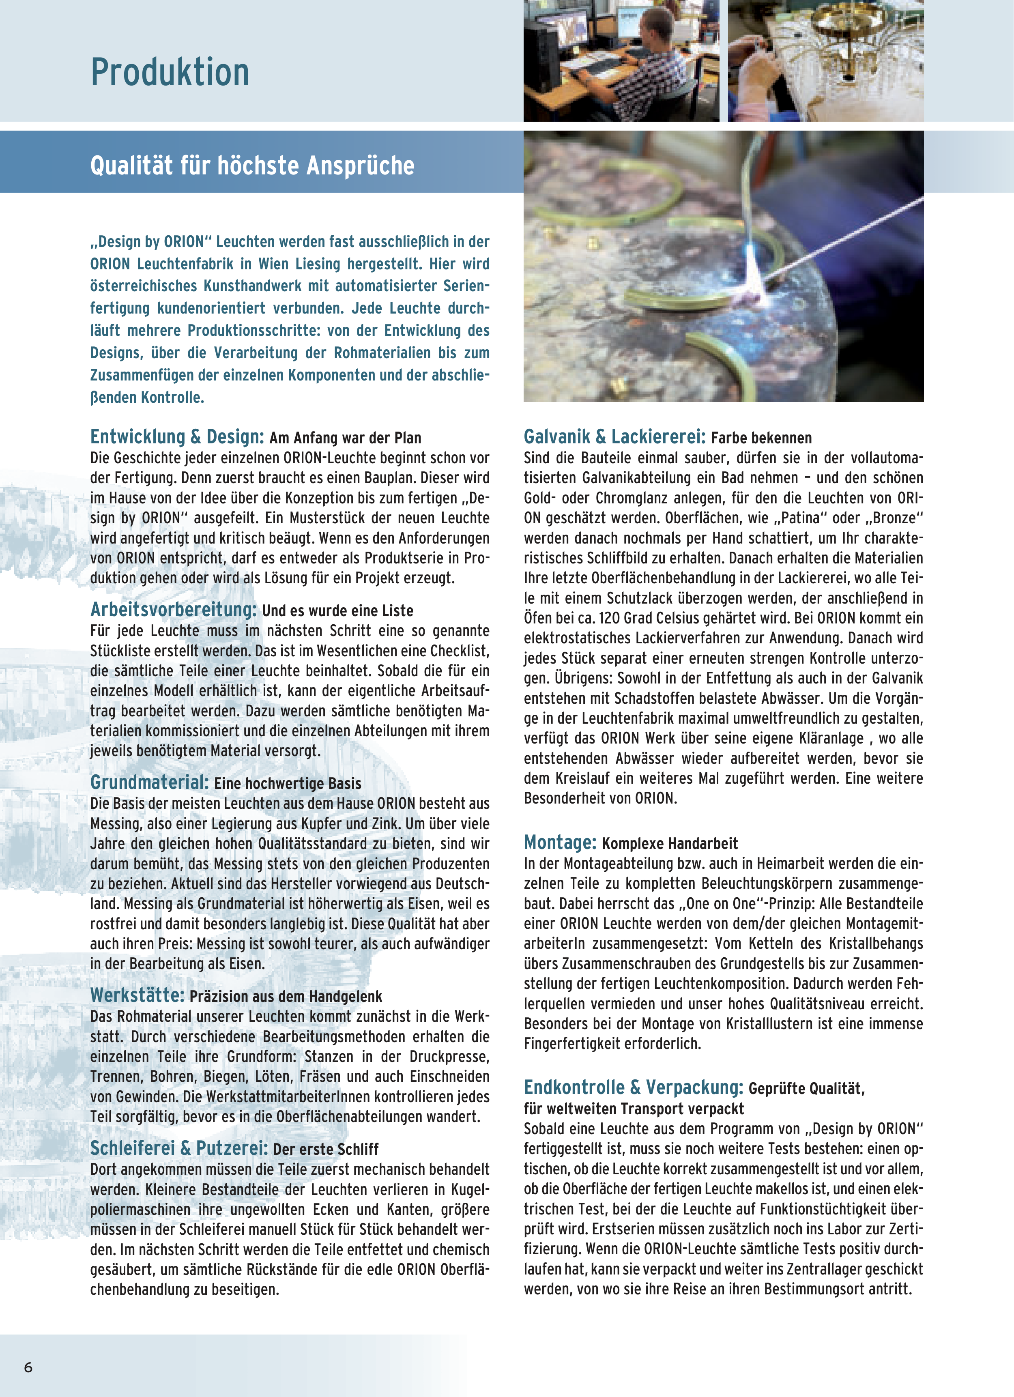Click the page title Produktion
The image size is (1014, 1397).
(x=170, y=73)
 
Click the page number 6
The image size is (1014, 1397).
(x=28, y=1367)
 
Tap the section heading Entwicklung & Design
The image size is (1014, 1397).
(x=177, y=437)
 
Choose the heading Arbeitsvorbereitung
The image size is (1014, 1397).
(x=173, y=609)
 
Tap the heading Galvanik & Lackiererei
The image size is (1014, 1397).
(x=614, y=437)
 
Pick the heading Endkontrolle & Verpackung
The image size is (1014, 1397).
(x=633, y=1087)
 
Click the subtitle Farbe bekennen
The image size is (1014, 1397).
(x=761, y=438)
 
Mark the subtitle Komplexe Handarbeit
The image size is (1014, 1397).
(x=670, y=843)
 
